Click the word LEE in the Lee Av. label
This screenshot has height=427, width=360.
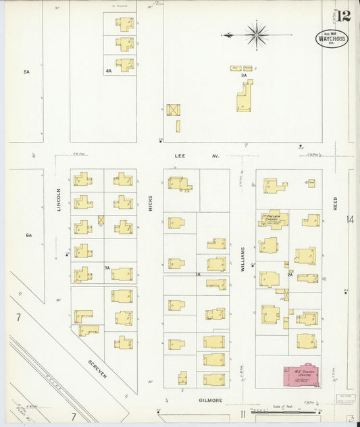point(180,155)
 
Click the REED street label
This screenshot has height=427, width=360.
point(335,203)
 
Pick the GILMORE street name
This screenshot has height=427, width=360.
point(210,400)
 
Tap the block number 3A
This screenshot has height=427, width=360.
point(244,75)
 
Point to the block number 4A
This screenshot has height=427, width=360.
point(108,70)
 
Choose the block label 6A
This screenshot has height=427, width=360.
point(29,235)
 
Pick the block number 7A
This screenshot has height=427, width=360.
point(107,268)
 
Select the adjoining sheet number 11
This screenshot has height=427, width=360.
point(240,413)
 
